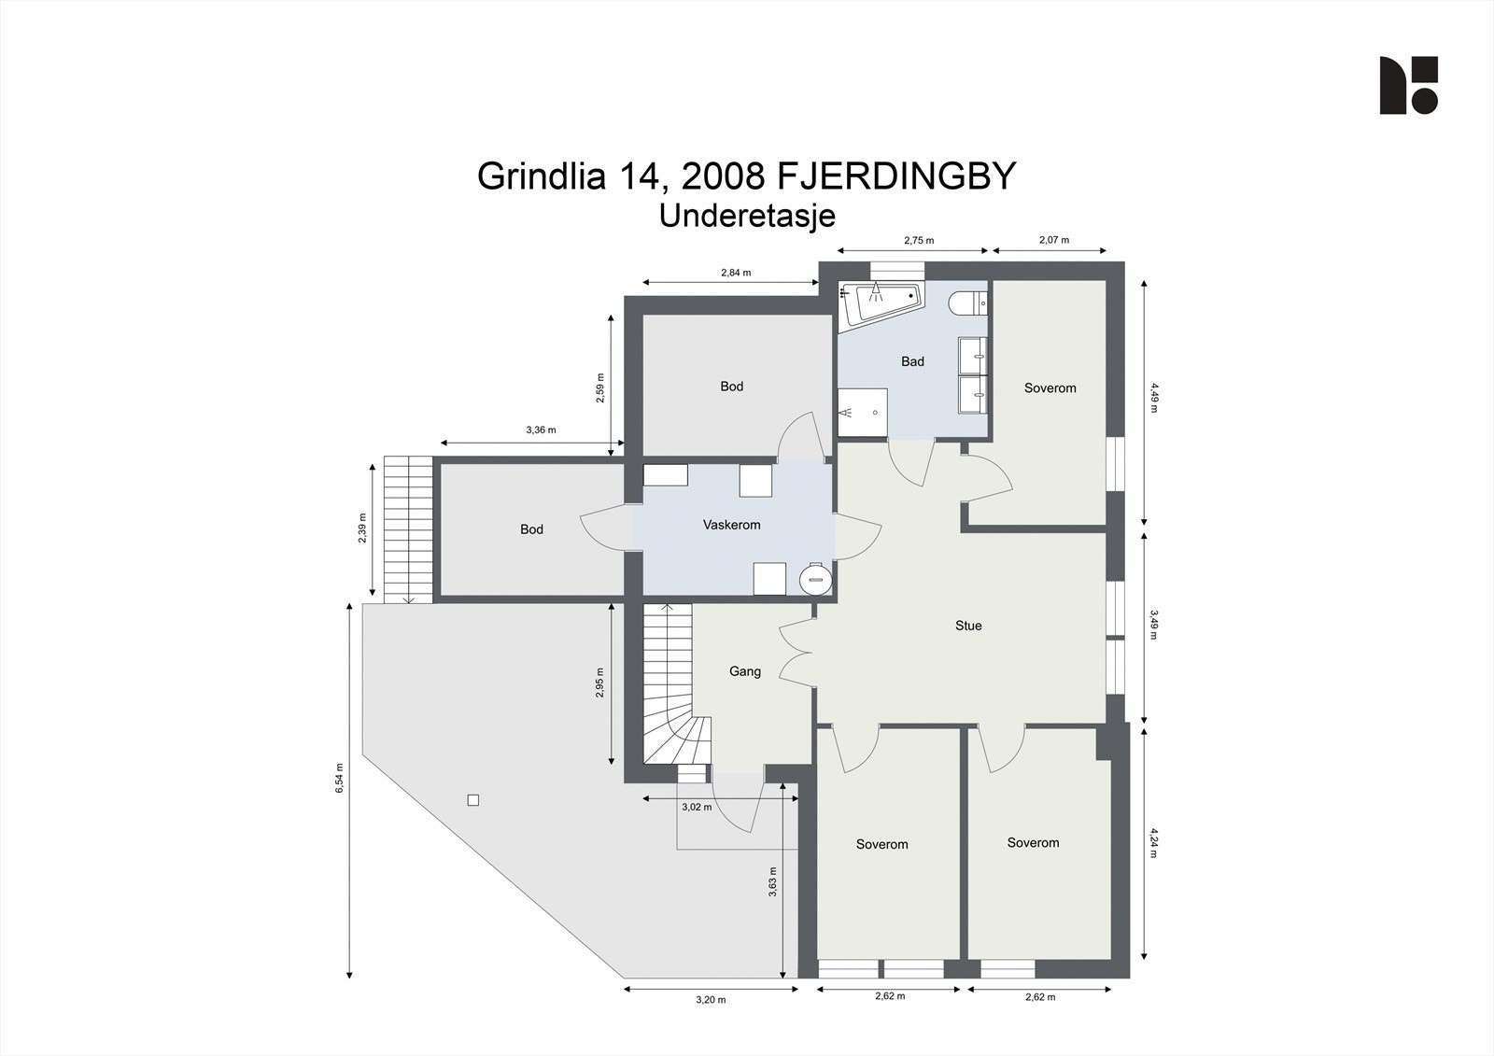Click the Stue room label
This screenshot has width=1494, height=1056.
968,626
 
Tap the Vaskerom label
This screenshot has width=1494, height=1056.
732,525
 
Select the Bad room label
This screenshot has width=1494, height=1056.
912,361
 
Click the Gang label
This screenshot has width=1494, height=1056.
745,671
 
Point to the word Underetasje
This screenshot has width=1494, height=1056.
747,216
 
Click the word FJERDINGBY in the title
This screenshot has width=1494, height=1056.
896,176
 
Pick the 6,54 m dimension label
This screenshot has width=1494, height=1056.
340,778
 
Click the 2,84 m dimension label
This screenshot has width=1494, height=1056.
736,273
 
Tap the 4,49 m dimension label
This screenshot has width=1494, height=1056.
1154,397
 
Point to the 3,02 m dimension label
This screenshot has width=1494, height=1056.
697,808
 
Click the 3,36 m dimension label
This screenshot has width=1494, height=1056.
541,430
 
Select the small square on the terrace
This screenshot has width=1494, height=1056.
472,800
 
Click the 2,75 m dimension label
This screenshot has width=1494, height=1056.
919,241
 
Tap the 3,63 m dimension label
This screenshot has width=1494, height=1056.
772,881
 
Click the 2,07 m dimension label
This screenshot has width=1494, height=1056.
1054,240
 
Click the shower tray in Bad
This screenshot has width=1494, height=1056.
863,413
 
